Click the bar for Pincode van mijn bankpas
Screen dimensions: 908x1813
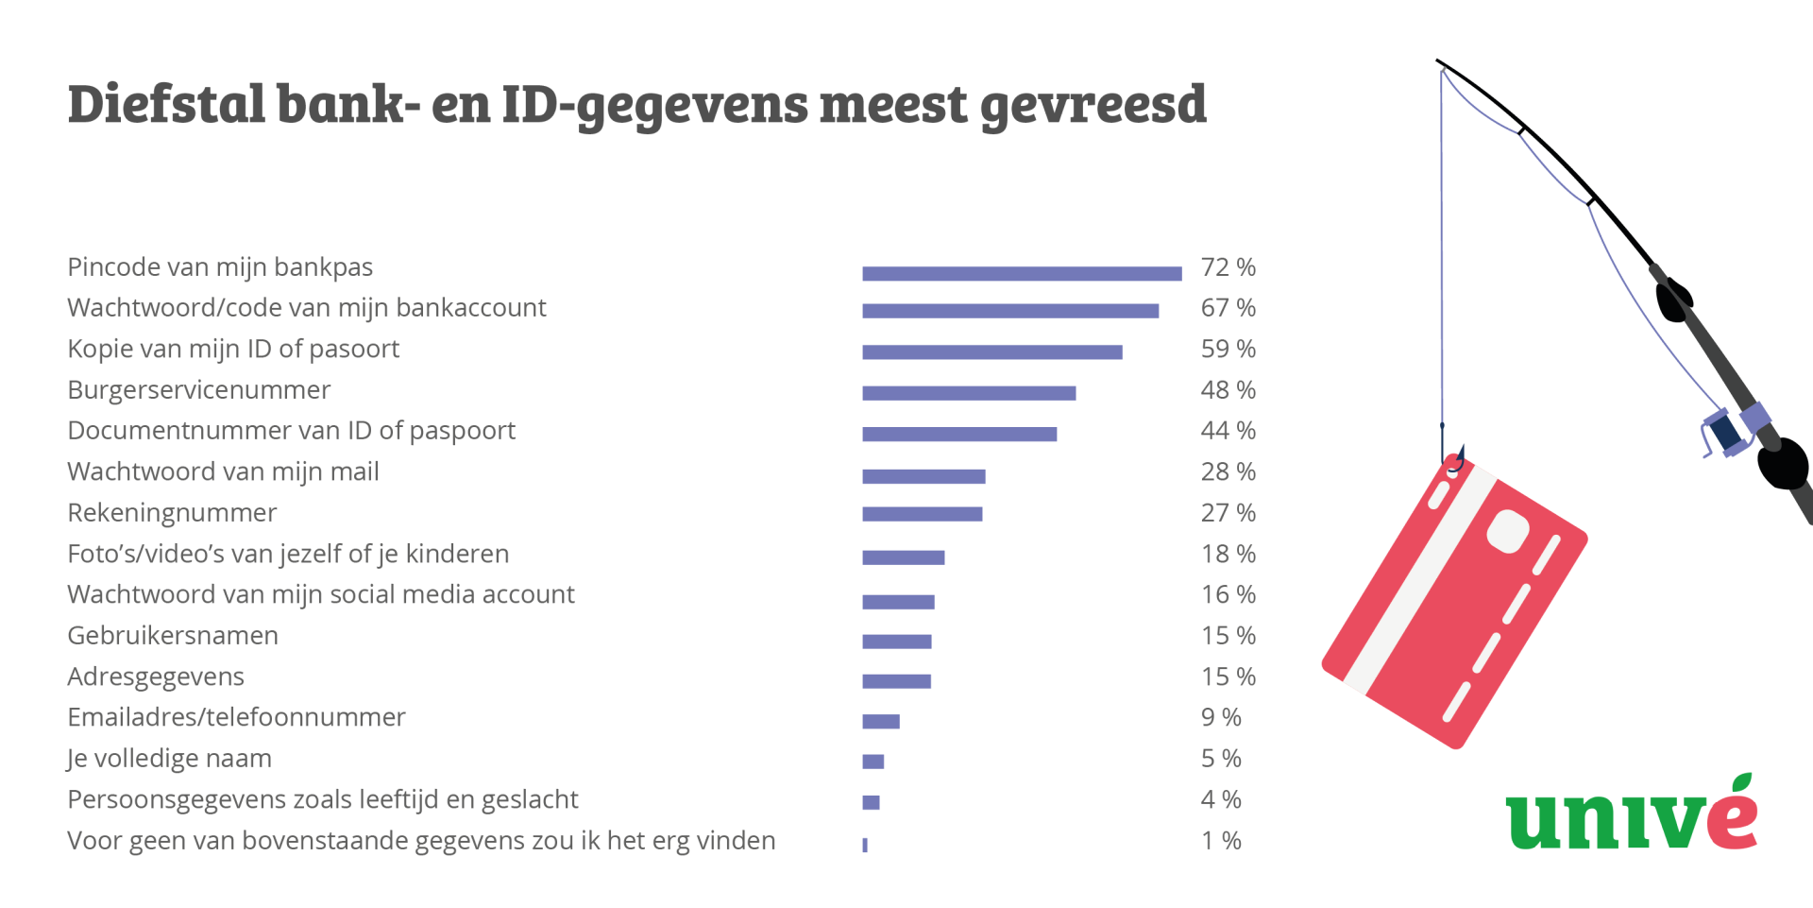[x=1022, y=274]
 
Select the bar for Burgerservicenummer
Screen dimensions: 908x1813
[x=969, y=393]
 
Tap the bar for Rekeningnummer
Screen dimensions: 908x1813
[x=923, y=514]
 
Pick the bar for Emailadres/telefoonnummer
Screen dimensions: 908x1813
[x=881, y=722]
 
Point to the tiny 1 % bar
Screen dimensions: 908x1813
[x=865, y=845]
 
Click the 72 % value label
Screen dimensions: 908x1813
[x=1228, y=267]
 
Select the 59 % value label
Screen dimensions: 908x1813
[x=1228, y=350]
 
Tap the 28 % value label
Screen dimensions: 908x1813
[x=1228, y=471]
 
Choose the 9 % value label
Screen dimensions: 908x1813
[x=1221, y=717]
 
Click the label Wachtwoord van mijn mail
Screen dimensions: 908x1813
[x=223, y=471]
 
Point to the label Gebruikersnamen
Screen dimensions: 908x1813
[x=173, y=636]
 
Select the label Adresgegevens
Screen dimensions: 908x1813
[x=156, y=677]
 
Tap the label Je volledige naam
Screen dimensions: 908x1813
[x=170, y=759]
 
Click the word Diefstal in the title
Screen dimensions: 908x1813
[x=166, y=104]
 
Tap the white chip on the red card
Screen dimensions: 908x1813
[x=1508, y=531]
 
